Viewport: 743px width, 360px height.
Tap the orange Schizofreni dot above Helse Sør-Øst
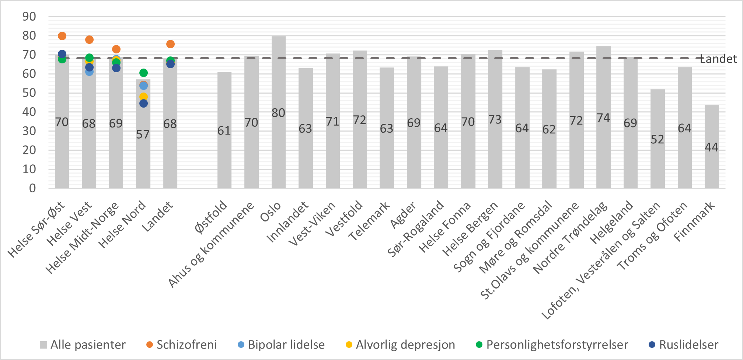62,36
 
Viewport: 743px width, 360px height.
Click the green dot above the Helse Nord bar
143,73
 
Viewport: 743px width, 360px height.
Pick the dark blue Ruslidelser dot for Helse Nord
143,104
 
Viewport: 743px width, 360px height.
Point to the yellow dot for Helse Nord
143,97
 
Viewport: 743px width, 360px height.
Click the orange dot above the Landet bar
170,44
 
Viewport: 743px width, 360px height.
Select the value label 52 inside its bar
657,139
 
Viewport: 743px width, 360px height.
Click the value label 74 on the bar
603,118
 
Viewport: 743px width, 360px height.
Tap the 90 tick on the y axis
29,17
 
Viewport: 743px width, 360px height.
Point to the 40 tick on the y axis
29,112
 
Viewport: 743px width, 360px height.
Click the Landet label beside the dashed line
719,59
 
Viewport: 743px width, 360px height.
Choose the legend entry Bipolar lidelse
286,345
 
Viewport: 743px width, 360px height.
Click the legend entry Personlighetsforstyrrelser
557,345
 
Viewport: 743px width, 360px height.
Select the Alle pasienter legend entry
87,345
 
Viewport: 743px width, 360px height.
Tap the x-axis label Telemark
369,221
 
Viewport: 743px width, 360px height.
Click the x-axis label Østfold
211,217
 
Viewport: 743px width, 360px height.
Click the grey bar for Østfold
224,155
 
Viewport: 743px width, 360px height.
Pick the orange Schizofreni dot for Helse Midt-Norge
116,49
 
